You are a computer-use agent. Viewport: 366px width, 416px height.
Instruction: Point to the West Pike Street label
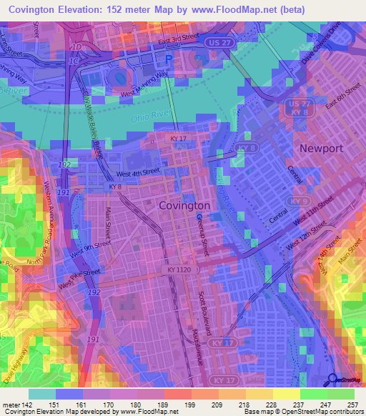tap(79, 279)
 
